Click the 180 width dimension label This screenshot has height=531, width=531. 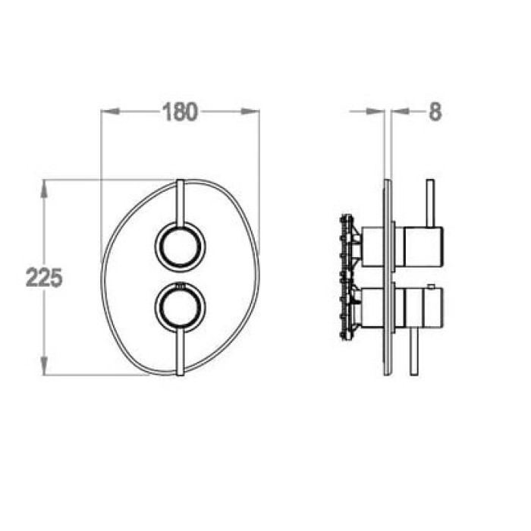[x=180, y=112]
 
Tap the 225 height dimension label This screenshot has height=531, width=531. [x=44, y=278]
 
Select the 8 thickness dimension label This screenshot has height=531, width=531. [x=435, y=112]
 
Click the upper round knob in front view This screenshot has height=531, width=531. [x=181, y=247]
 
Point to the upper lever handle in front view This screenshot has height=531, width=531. [x=181, y=202]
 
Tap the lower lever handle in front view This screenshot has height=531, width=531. [x=181, y=352]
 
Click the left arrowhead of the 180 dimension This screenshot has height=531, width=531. [x=111, y=112]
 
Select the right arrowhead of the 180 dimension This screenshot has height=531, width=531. [x=250, y=112]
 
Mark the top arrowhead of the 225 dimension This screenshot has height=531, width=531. [x=44, y=190]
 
